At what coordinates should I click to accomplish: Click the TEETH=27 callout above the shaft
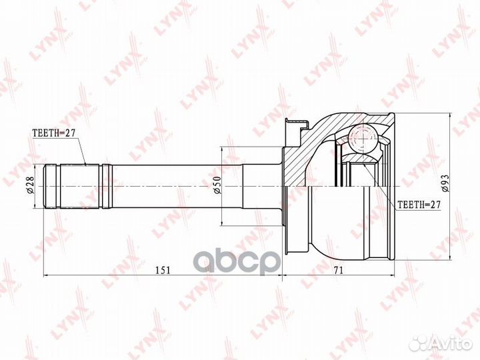pos(55,133)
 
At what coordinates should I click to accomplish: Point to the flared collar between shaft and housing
pos(263,187)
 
